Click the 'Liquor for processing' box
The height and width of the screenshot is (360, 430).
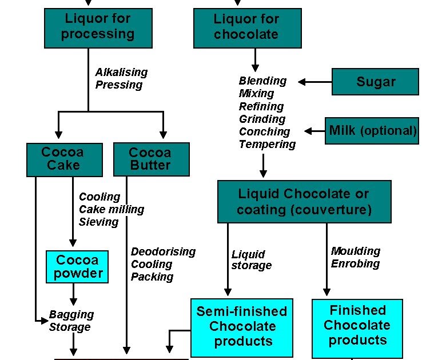click(98, 27)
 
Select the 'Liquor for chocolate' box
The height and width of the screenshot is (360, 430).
click(246, 27)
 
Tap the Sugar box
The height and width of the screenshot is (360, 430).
click(376, 82)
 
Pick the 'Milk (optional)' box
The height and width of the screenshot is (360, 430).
click(372, 130)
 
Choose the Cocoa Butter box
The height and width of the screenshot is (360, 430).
click(151, 159)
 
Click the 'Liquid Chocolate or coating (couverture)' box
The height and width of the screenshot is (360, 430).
click(304, 202)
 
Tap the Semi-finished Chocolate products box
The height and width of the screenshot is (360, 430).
click(241, 326)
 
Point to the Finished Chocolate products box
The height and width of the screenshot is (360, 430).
click(357, 325)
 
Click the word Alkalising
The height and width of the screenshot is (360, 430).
click(121, 72)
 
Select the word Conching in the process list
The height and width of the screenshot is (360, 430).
click(264, 131)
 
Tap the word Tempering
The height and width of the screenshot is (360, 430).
click(267, 144)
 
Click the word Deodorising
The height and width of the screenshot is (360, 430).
click(163, 251)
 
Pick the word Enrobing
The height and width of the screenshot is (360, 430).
click(355, 263)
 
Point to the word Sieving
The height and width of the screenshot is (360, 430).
click(98, 222)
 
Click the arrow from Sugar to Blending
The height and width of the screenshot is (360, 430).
click(315, 82)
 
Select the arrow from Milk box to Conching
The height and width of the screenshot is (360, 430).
click(314, 131)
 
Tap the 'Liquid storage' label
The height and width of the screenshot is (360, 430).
click(252, 259)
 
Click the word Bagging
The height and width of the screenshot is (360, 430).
click(71, 314)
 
